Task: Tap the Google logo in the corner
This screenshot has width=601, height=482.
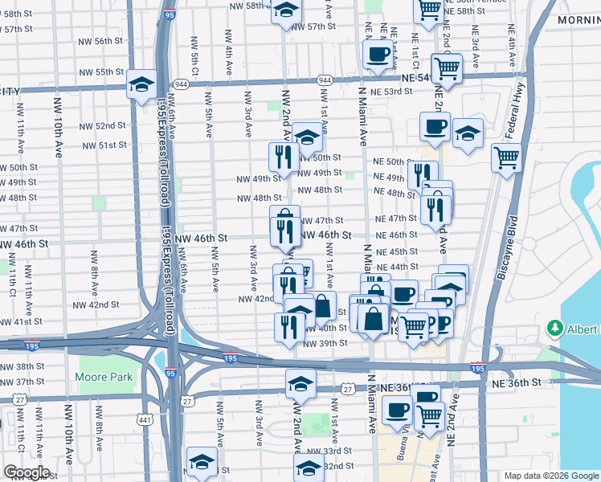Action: tap(27, 472)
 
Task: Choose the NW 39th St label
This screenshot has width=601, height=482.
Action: tap(325, 343)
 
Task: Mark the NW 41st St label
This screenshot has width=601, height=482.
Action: tap(22, 321)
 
